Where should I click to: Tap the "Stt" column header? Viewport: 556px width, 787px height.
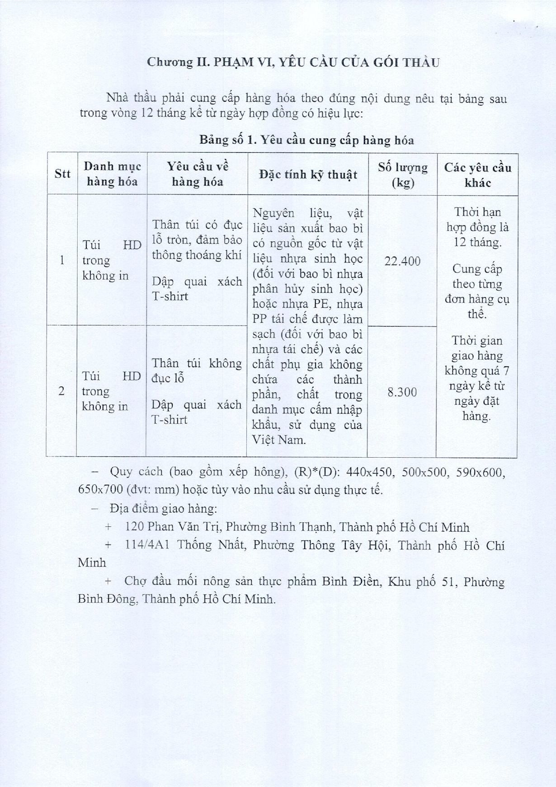coord(62,174)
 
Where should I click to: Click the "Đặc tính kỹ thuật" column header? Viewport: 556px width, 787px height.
coord(308,174)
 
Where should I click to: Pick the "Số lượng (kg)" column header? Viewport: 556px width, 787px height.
coord(403,175)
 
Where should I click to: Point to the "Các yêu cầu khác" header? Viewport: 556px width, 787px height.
coord(477,175)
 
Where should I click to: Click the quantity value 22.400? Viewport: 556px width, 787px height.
coord(402,261)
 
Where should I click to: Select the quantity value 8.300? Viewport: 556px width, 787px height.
coord(402,392)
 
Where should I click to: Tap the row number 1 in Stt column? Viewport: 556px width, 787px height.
coord(62,260)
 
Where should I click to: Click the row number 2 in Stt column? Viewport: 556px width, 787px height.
coord(61,391)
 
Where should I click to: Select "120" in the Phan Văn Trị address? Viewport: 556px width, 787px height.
coord(134,527)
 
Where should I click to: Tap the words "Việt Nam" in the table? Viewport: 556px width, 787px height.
coord(278,440)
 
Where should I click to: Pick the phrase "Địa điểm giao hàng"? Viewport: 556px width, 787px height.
coord(163,509)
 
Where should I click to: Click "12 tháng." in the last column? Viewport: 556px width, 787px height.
coord(477,242)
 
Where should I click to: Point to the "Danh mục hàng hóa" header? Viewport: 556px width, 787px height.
coord(112,174)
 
